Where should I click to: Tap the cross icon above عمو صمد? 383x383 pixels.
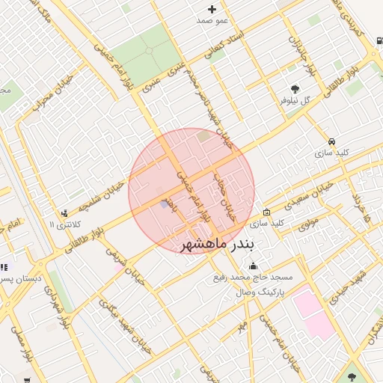pyautogui.click(x=212, y=10)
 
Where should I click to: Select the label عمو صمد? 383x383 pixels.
pyautogui.click(x=212, y=22)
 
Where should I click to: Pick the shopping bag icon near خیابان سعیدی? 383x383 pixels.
pyautogui.click(x=267, y=212)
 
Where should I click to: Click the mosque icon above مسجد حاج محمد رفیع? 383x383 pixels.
pyautogui.click(x=254, y=266)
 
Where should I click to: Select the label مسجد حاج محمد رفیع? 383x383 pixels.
pyautogui.click(x=255, y=278)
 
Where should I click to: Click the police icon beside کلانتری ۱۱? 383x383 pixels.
pyautogui.click(x=65, y=213)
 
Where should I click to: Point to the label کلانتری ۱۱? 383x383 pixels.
pyautogui.click(x=62, y=224)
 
